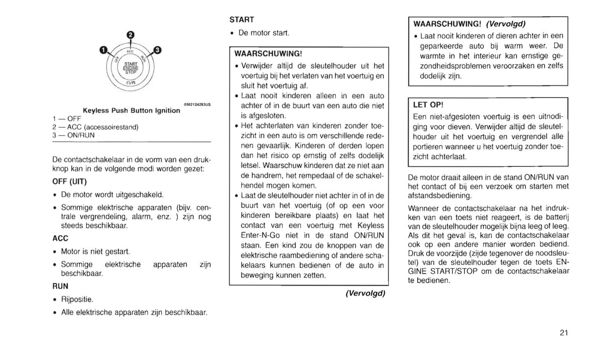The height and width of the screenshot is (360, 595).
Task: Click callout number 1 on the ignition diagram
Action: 103,50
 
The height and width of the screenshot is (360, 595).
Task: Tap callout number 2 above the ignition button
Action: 130,35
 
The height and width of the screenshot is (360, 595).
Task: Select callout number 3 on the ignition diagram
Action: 157,50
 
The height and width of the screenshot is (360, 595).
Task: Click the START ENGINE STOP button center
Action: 131,68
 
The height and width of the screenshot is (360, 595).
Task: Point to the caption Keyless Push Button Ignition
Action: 131,110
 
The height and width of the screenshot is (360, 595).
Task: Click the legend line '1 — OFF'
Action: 67,119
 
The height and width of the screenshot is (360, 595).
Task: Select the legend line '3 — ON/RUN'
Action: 73,135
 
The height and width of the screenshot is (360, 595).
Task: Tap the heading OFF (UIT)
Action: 70,182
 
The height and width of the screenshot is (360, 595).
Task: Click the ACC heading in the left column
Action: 60,238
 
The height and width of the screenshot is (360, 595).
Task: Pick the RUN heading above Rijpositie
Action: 60,286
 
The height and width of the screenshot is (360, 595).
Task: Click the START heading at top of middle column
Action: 242,20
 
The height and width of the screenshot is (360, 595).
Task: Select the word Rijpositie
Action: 77,299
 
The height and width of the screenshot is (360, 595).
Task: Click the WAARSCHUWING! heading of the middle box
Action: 268,54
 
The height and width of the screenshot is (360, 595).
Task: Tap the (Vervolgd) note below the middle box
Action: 365,293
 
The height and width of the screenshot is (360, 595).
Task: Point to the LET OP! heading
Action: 428,105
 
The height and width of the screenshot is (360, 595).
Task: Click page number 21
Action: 564,333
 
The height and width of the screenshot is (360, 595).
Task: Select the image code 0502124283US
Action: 197,105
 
